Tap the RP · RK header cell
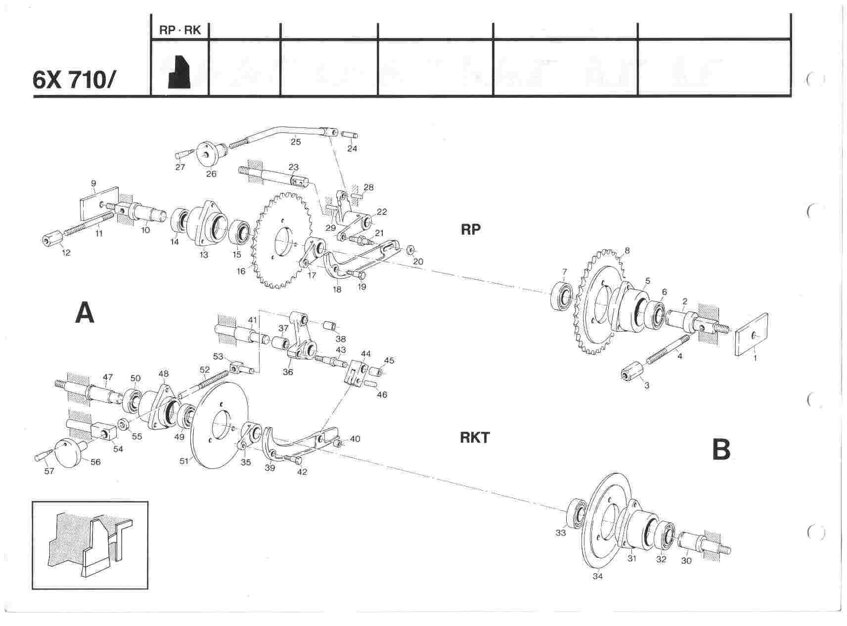coord(180,31)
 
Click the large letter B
coord(721,449)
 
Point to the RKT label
coord(475,438)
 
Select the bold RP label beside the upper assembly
coord(470,229)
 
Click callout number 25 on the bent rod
coord(296,142)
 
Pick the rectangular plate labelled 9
coord(99,203)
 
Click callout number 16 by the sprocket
coord(241,271)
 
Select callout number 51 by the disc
coord(184,461)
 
